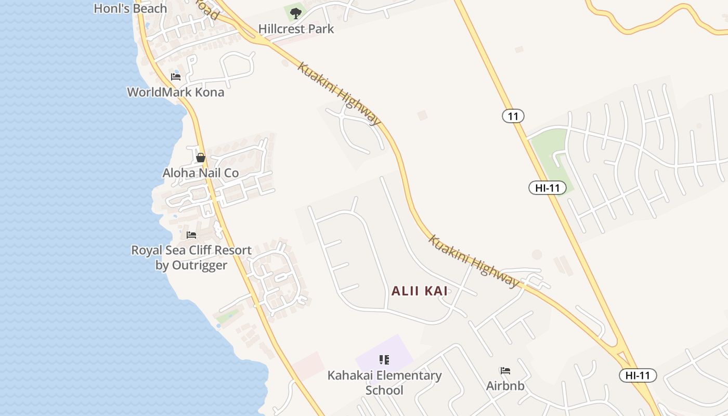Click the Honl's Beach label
[131, 8]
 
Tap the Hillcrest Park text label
[296, 29]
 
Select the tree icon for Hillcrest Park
[296, 13]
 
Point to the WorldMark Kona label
[176, 92]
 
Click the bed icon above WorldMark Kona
[176, 77]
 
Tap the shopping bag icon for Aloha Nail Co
[201, 157]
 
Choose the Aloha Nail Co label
[201, 173]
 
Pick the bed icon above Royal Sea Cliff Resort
[191, 235]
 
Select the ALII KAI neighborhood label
[420, 291]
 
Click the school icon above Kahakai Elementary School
[384, 359]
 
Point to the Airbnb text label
[505, 386]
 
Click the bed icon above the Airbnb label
[505, 371]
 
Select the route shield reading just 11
[513, 116]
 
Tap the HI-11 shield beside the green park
[548, 188]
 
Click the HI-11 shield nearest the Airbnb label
[638, 375]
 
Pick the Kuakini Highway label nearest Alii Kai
[474, 261]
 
